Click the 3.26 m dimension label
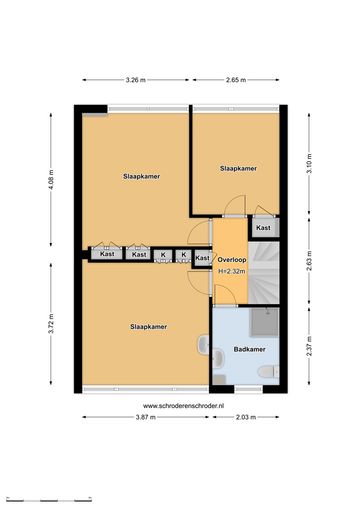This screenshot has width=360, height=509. pyautogui.click(x=136, y=80)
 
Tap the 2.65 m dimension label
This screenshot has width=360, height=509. pyautogui.click(x=236, y=80)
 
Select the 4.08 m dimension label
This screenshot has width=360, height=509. pyautogui.click(x=51, y=179)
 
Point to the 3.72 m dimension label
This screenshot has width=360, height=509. pyautogui.click(x=51, y=323)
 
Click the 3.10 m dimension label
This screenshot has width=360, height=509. pyautogui.click(x=309, y=163)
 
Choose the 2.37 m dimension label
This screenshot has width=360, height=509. pyautogui.click(x=309, y=346)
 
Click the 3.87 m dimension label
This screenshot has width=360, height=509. pyautogui.click(x=146, y=417)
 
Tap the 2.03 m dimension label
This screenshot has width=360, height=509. pyautogui.click(x=246, y=417)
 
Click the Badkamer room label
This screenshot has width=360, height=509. pyautogui.click(x=249, y=349)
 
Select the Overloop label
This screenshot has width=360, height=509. pyautogui.click(x=232, y=260)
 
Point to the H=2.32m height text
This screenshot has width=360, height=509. pyautogui.click(x=232, y=271)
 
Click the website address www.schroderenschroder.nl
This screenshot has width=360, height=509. pyautogui.click(x=183, y=406)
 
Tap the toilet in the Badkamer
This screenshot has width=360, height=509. pyautogui.click(x=269, y=372)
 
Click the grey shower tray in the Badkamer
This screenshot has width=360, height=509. pyautogui.click(x=265, y=322)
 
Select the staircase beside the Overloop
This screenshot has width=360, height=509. pyautogui.click(x=264, y=273)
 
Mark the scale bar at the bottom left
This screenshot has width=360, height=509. pyautogui.click(x=49, y=500)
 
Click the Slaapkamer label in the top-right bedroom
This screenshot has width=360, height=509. pyautogui.click(x=238, y=169)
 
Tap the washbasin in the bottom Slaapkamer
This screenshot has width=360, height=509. pyautogui.click(x=203, y=344)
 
